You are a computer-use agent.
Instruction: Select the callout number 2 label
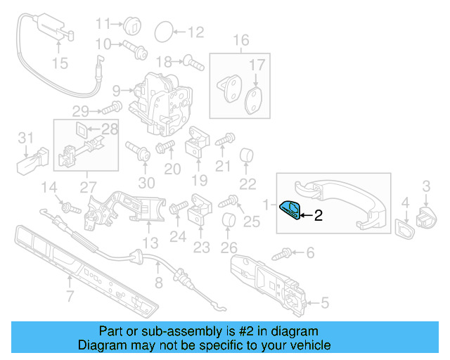(318, 217)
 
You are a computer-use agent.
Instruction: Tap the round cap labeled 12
(162, 32)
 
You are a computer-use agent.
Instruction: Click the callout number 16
(241, 40)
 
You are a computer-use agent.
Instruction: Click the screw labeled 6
(69, 297)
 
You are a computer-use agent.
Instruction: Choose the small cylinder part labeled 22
(247, 155)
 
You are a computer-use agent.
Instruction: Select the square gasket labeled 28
(82, 129)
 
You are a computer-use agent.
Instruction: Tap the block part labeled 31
(32, 161)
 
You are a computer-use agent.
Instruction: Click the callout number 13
(150, 244)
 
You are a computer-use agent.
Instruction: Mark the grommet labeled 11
(133, 25)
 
